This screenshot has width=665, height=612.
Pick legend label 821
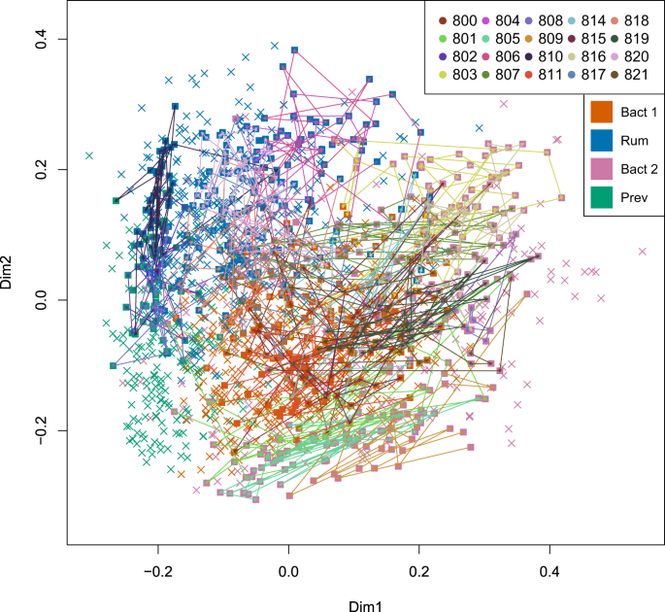[635, 74]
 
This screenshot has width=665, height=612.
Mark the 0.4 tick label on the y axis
[43, 39]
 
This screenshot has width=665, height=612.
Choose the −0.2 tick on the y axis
[43, 430]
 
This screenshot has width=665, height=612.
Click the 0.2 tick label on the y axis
[43, 169]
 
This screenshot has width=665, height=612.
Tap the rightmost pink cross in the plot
[642, 252]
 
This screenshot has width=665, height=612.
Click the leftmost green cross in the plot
[88, 155]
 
